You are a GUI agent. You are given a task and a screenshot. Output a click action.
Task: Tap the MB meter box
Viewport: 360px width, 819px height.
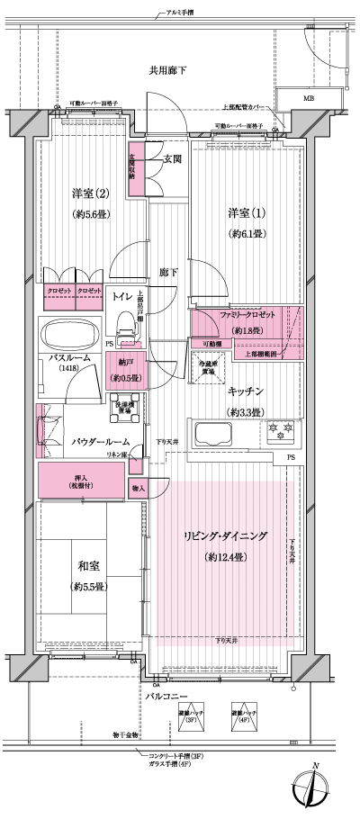[x=309, y=99]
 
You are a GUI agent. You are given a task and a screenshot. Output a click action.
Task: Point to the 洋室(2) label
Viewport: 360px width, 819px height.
[x=90, y=193]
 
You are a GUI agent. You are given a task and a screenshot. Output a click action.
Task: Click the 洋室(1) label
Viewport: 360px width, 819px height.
[x=245, y=212]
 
